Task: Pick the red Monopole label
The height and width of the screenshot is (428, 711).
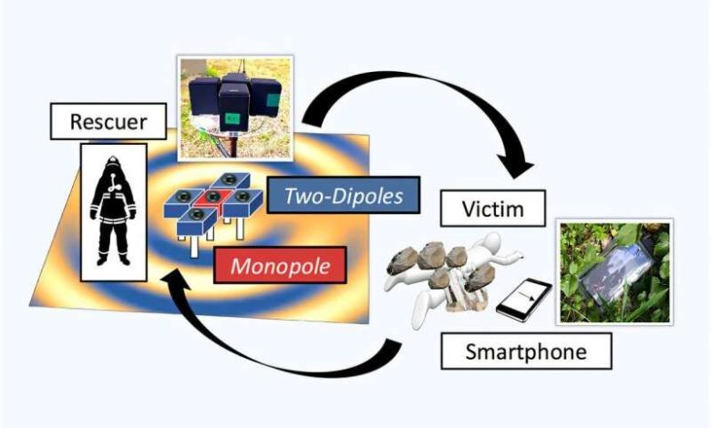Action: tap(280, 266)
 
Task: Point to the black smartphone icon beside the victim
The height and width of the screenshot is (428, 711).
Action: tap(524, 300)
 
